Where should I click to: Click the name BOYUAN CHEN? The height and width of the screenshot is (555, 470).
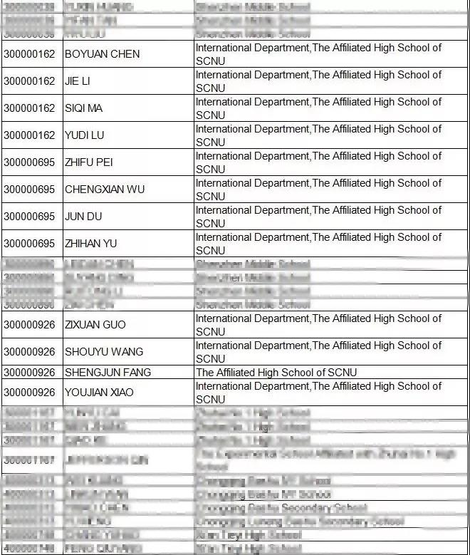click(102, 54)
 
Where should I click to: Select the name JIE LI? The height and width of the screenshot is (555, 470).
click(78, 81)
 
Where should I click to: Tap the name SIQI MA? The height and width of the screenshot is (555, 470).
click(83, 108)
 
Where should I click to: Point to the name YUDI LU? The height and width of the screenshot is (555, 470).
click(84, 135)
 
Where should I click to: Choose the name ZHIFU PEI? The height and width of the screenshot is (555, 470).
click(88, 162)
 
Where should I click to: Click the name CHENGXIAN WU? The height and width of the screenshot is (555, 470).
click(105, 190)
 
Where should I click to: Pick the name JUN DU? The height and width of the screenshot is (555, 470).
click(80, 217)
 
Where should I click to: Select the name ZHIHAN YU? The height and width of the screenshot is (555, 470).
click(90, 244)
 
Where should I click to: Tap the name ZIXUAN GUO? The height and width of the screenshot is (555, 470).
click(95, 325)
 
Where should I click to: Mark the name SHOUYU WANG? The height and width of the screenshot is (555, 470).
click(103, 352)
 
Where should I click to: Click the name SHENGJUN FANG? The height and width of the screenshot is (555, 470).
click(108, 373)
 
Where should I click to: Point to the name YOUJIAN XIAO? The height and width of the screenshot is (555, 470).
click(99, 393)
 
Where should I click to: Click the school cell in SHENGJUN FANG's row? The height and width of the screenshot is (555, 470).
click(276, 373)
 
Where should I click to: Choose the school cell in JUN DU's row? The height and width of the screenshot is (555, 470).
click(318, 217)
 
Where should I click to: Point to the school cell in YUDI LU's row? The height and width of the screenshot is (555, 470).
click(318, 135)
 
